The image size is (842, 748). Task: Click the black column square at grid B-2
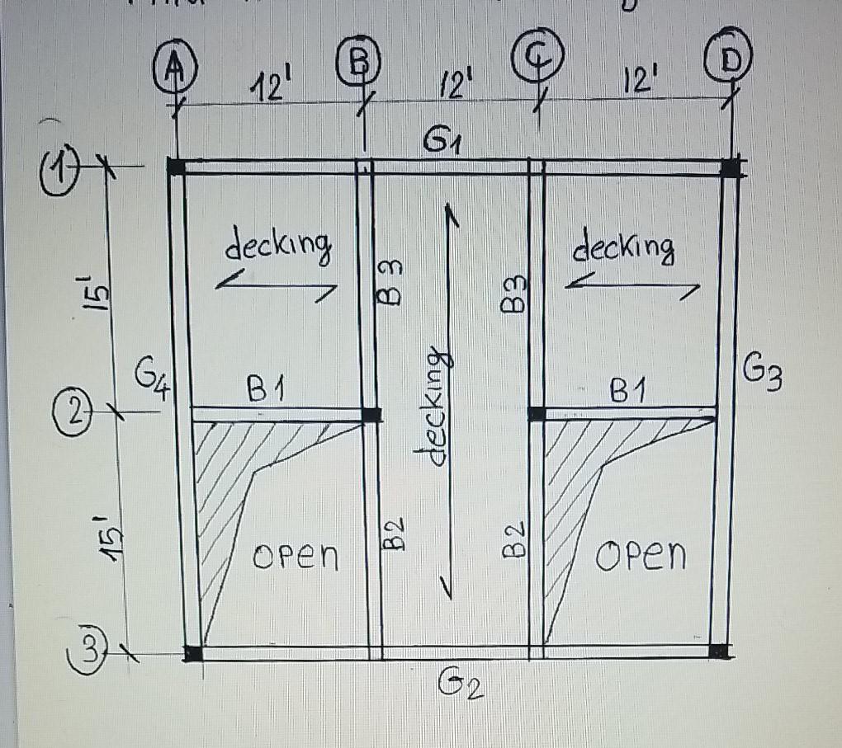point(372,415)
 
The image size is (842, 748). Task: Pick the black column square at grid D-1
point(730,167)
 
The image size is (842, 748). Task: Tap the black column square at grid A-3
point(193,653)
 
